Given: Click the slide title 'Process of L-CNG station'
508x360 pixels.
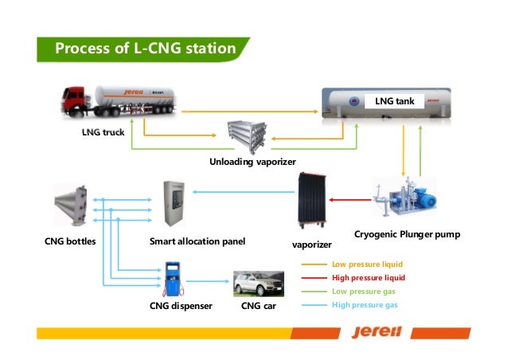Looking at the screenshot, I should [x=144, y=49].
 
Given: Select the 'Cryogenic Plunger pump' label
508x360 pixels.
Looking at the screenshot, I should [x=407, y=236].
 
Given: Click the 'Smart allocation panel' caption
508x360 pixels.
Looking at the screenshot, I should [x=197, y=240].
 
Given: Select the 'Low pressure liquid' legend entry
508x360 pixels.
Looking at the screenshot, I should [x=367, y=264].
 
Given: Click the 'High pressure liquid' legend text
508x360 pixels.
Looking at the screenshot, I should [x=368, y=278].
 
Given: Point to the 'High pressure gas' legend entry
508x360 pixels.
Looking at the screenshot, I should [x=364, y=305].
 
